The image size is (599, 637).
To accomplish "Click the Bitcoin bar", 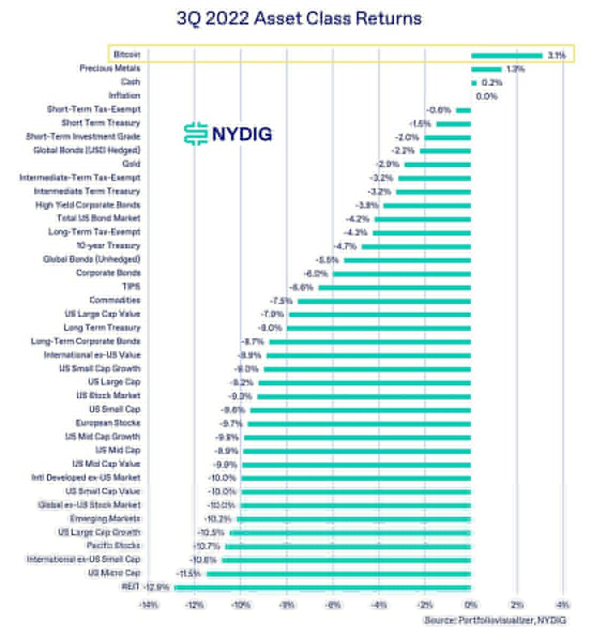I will coord(506,55).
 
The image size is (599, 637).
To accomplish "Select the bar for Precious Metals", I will coord(486,69).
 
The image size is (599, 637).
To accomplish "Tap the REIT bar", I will coord(323,588).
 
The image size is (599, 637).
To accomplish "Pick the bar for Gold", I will coord(438,164).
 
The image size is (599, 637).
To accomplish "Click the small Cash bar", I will coord(474,83).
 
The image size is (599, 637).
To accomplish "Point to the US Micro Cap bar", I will coord(339,574).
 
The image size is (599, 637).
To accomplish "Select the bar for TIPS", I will coord(395,287).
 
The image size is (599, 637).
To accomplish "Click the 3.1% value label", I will coord(557,55).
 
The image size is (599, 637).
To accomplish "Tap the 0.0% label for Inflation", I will coord(486,96).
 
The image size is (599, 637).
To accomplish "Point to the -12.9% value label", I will coord(157,588).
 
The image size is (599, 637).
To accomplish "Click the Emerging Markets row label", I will coord(105,519).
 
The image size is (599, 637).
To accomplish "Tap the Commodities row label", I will coord(115,300).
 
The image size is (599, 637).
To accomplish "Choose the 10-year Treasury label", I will coord(109,246).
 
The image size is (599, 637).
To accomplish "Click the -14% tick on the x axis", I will coord(148,605).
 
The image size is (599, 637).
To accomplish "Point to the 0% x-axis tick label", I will coord(471,605).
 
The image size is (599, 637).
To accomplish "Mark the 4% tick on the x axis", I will coord(563,605).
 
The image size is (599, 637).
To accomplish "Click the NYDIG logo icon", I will coord(195,133).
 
